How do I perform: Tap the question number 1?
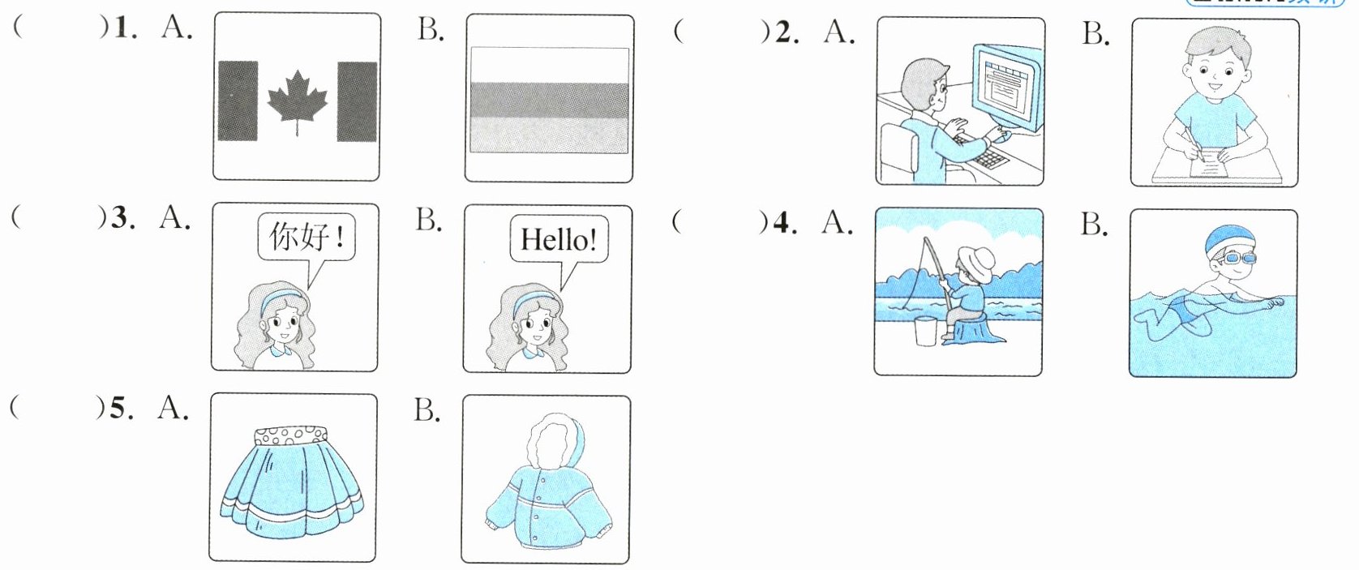tap(122, 28)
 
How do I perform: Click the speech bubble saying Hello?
tap(558, 240)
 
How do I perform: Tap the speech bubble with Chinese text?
tap(307, 237)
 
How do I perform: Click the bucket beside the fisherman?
tap(925, 330)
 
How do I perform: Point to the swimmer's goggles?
tap(1238, 259)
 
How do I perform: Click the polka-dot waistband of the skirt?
tap(290, 437)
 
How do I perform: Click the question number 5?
tap(119, 408)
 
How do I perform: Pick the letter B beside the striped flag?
tap(430, 30)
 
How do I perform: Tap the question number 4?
tap(782, 222)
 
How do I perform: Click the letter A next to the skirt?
tap(172, 407)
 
